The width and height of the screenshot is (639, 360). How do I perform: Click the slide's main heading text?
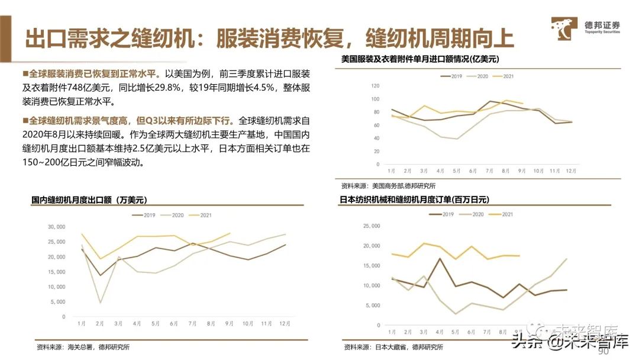click(269, 37)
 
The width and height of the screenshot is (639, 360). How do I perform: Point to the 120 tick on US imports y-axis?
click(375, 86)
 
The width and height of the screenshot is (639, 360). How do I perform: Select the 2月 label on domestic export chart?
click(99, 324)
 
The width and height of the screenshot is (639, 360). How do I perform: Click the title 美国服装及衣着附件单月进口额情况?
click(421, 59)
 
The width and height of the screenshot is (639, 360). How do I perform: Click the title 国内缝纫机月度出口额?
click(89, 201)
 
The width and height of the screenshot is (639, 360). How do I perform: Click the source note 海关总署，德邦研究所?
click(83, 347)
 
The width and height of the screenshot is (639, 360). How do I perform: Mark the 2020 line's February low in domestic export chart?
click(100, 303)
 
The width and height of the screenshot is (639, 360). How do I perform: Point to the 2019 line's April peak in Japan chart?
click(440, 258)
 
